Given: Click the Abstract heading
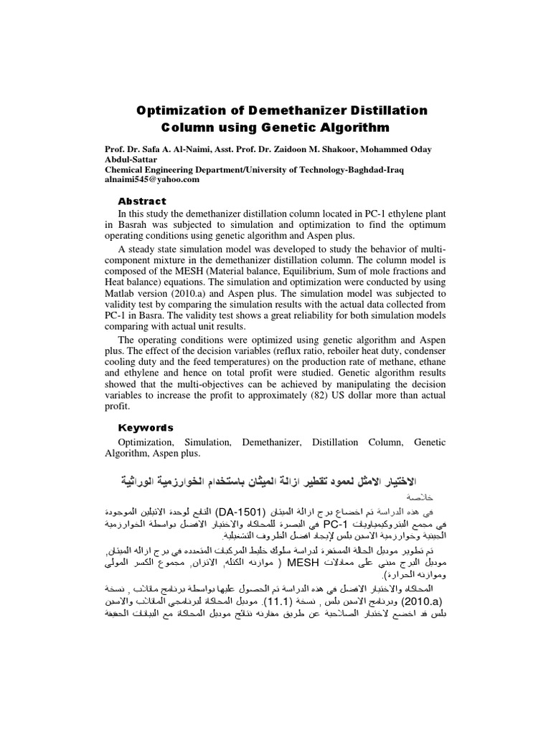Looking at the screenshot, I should (x=142, y=201).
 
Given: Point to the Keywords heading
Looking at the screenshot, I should (x=146, y=427).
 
